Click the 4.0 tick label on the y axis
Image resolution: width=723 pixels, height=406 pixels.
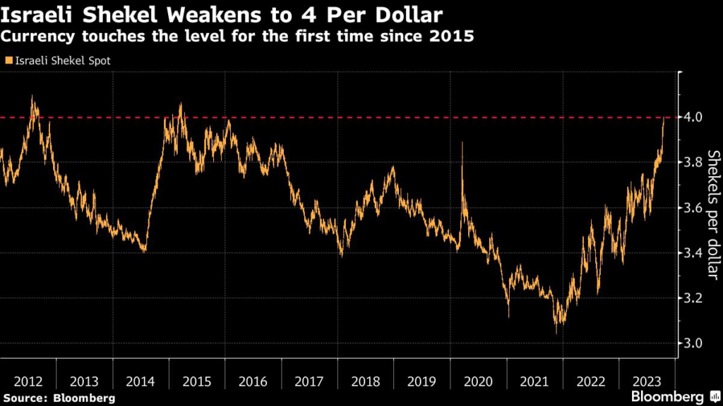(x=693, y=117)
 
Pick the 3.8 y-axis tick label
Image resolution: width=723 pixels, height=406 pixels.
(x=693, y=162)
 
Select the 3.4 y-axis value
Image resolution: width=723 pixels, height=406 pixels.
(x=693, y=253)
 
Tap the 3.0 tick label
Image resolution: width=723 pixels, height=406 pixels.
(x=693, y=343)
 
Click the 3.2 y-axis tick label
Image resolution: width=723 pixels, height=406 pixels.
(x=693, y=298)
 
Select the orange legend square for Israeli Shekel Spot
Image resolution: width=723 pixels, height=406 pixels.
(x=8, y=61)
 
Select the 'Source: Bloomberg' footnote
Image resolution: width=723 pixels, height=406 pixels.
(x=58, y=398)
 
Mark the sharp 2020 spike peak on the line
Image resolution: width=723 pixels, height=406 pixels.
(x=462, y=142)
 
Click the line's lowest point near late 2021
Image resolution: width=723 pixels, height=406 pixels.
(x=556, y=333)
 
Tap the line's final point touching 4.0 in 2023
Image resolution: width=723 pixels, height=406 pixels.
(x=664, y=118)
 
